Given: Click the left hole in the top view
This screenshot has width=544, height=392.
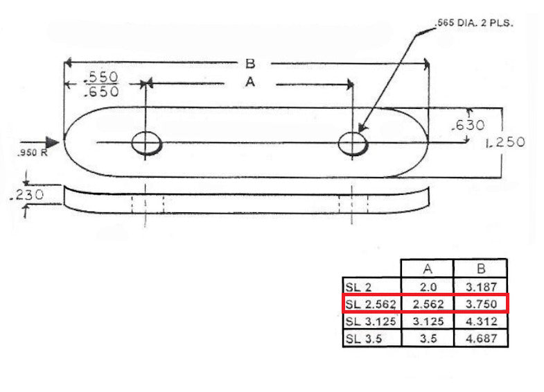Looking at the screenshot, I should pyautogui.click(x=146, y=144).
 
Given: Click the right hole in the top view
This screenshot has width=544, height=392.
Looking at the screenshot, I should pyautogui.click(x=352, y=144).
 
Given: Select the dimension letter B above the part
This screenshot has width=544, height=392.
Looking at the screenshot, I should pyautogui.click(x=250, y=64).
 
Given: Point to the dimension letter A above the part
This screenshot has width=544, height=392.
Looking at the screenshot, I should pyautogui.click(x=250, y=83).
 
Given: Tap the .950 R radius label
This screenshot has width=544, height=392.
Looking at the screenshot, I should pyautogui.click(x=30, y=153).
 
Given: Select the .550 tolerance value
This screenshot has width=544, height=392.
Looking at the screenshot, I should pyautogui.click(x=101, y=76).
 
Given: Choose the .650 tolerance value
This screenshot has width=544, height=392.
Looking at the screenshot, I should pyautogui.click(x=101, y=91).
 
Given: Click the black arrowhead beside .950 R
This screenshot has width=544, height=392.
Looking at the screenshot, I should pyautogui.click(x=53, y=142).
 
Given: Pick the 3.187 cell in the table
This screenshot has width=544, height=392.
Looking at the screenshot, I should pyautogui.click(x=480, y=287).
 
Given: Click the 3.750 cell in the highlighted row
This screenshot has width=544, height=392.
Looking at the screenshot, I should pyautogui.click(x=480, y=304).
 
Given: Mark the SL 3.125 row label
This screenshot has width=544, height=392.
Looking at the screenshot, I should pyautogui.click(x=370, y=321).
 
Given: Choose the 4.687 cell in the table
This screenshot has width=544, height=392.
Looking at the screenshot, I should pyautogui.click(x=480, y=339).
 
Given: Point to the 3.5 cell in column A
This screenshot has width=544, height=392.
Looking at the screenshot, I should pyautogui.click(x=427, y=339).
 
